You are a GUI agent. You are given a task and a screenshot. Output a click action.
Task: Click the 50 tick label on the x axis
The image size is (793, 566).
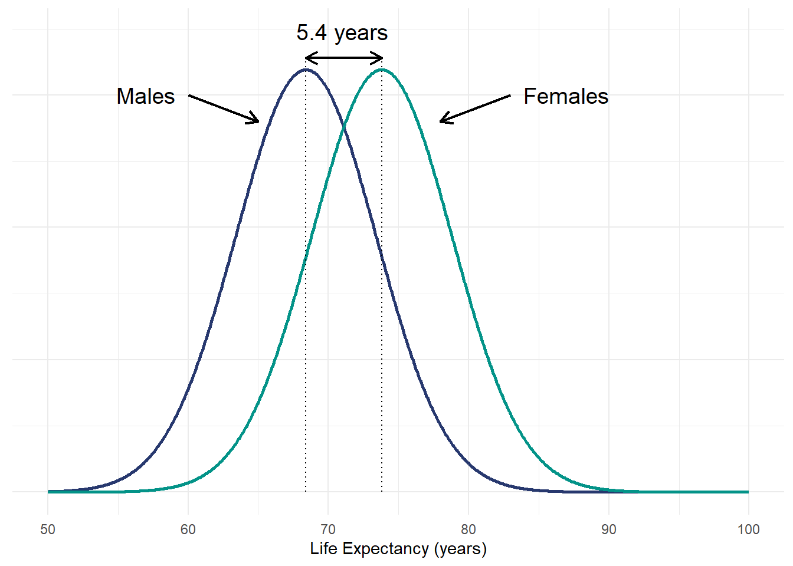coord(48,529)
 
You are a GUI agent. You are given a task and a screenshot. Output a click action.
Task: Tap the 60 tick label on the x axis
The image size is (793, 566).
coord(188,529)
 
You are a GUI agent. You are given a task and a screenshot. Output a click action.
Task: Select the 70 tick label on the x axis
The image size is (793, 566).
coord(328,529)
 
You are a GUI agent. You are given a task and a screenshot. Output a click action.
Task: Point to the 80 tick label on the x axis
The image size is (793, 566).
coord(468,529)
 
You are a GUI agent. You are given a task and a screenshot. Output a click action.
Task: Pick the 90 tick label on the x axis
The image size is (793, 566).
coord(608,529)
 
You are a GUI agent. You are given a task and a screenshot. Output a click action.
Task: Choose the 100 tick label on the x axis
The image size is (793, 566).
coord(748,529)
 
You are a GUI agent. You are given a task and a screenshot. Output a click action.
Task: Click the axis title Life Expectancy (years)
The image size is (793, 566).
coord(398,549)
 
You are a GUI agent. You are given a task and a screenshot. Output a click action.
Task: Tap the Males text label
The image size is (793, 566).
coord(146,96)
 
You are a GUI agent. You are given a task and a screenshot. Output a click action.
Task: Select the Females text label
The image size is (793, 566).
coord(566,96)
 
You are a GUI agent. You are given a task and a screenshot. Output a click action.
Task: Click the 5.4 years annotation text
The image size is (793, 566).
coord(342,33)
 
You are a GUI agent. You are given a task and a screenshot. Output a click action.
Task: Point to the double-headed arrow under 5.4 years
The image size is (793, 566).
coord(344,58)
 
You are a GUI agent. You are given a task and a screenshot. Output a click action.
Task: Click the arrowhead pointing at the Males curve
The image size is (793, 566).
coord(256,120)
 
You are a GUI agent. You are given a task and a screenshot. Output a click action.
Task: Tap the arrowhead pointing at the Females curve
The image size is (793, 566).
coord(443,121)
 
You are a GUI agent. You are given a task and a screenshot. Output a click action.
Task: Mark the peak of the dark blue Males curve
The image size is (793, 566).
coord(306,70)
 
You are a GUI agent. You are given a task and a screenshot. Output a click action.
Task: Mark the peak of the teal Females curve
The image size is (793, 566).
coord(382,70)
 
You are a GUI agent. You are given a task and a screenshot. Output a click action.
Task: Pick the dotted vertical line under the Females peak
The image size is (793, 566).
coord(382,354)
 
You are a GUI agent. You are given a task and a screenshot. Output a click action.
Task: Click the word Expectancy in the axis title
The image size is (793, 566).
coord(386,549)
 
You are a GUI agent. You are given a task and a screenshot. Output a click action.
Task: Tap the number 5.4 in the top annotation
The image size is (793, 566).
coord(311,33)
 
